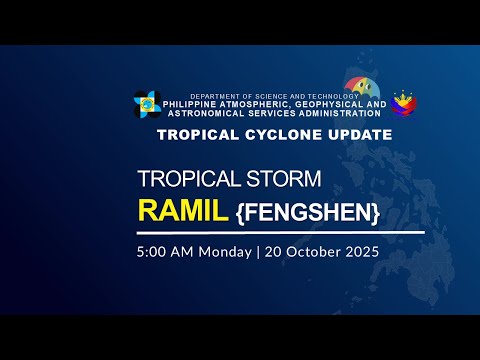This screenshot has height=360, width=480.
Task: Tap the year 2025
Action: coord(359,252)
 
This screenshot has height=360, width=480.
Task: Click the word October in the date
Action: coord(310,252)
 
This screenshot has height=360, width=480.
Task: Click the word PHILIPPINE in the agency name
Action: coord(199,104)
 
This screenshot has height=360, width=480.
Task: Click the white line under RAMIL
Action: coord(280,232)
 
